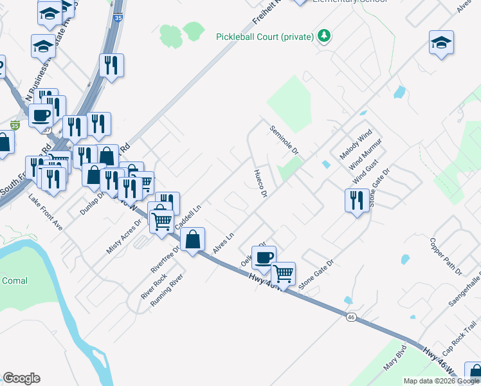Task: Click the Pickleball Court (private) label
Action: click(265, 37)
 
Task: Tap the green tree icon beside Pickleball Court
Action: click(325, 36)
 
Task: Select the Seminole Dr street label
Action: click(284, 140)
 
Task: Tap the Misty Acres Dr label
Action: click(123, 237)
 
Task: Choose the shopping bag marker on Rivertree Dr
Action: click(192, 240)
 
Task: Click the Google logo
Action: click(22, 378)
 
